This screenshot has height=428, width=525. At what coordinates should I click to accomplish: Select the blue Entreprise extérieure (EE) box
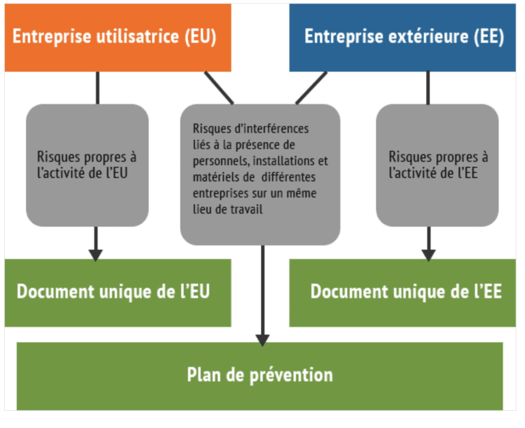[403, 38]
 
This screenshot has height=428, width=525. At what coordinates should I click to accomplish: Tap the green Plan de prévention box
[260, 375]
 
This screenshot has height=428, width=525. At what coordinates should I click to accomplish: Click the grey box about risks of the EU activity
[87, 165]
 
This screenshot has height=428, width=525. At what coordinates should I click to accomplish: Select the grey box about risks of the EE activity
[437, 165]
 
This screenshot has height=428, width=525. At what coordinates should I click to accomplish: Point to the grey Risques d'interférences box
[260, 174]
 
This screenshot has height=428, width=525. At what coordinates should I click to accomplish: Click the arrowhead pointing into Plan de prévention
[262, 339]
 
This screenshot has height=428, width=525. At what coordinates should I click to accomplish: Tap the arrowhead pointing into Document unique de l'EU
[96, 255]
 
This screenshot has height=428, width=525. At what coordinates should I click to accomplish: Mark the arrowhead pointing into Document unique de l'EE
[429, 255]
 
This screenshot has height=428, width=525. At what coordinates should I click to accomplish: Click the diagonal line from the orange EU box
[219, 88]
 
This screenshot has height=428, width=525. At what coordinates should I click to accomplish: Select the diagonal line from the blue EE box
[311, 88]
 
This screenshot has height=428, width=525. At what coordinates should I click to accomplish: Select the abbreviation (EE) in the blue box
[489, 37]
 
